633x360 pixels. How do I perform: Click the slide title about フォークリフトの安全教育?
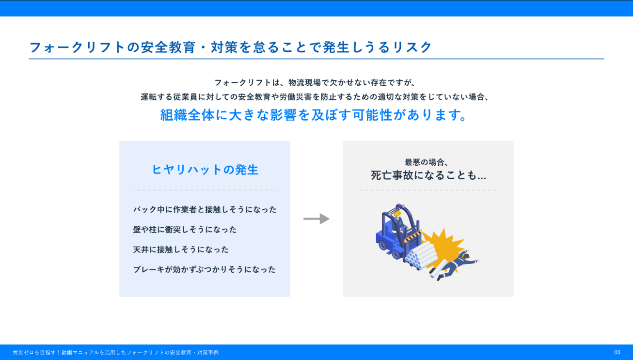[230, 47]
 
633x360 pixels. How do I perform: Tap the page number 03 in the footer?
[617, 352]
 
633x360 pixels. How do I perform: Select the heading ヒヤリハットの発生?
[205, 170]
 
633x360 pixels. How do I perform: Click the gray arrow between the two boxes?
[316, 219]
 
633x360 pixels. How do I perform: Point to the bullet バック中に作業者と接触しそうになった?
[205, 209]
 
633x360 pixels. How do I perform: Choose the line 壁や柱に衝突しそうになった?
[185, 230]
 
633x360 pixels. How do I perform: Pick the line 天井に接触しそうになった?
[181, 250]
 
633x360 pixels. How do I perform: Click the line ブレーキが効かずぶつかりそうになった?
[204, 269]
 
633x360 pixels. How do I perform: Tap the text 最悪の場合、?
[426, 162]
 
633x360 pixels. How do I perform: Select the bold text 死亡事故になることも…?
[428, 175]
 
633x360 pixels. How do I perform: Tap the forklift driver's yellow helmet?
[398, 212]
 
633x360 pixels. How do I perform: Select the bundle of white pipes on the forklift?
[421, 256]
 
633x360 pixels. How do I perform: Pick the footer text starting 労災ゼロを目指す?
[116, 352]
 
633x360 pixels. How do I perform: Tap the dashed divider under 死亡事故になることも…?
[428, 190]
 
